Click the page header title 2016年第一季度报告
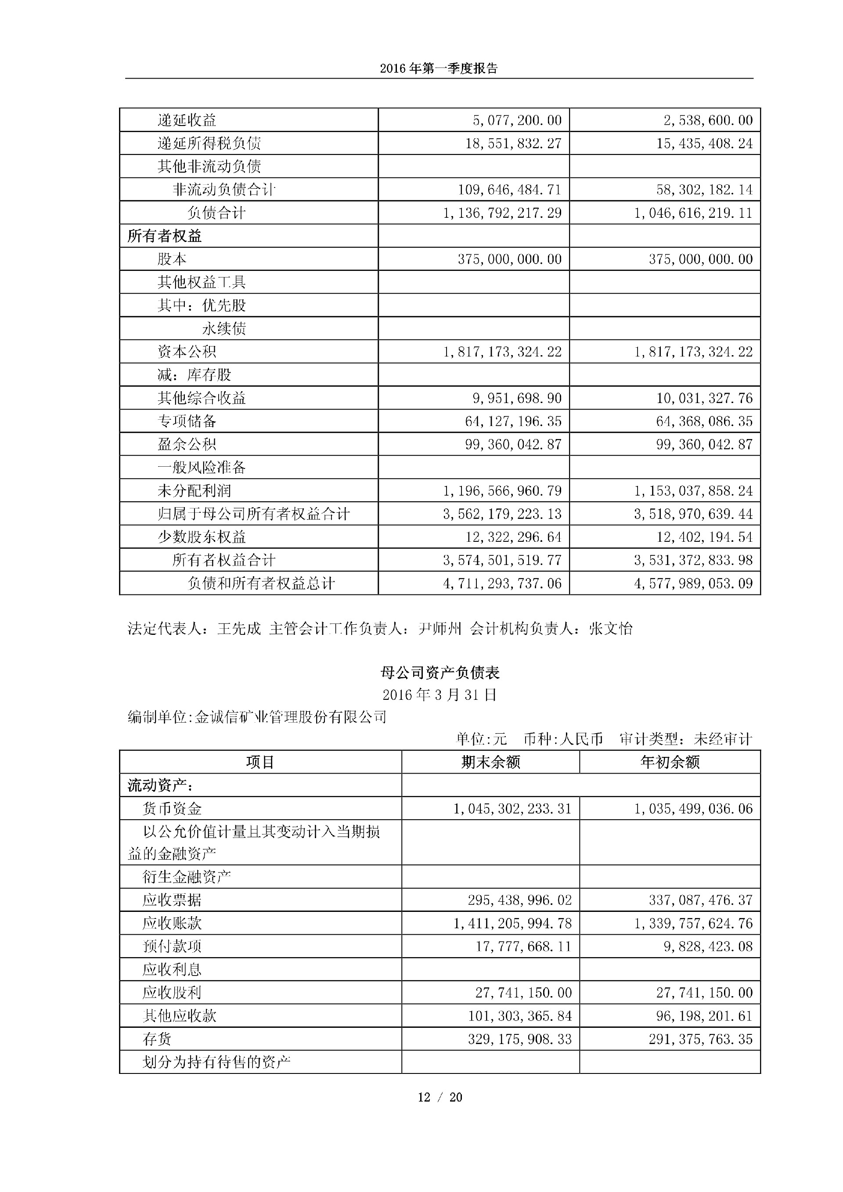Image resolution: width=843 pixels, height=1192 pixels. [439, 68]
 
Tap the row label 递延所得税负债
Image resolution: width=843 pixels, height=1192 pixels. [209, 143]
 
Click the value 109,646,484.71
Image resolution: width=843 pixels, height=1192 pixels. [509, 190]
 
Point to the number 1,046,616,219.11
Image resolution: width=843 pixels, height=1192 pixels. [693, 213]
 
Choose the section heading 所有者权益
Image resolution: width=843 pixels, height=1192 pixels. [165, 236]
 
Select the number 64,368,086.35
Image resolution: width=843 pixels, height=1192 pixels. [704, 421]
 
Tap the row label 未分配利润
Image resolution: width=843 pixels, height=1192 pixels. [194, 490]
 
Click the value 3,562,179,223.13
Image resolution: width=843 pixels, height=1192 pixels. [502, 514]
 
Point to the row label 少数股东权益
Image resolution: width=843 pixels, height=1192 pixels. [202, 537]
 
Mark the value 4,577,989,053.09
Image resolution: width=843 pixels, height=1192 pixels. [693, 583]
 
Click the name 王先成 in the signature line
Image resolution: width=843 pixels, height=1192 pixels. [239, 629]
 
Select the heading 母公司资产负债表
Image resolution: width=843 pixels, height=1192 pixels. [440, 673]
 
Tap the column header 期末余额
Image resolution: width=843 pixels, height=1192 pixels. [490, 762]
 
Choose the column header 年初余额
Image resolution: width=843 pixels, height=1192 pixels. [670, 762]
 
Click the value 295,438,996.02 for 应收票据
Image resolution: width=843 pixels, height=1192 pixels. [519, 900]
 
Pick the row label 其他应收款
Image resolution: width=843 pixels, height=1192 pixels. [179, 1016]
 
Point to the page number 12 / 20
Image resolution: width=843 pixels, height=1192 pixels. [440, 1097]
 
